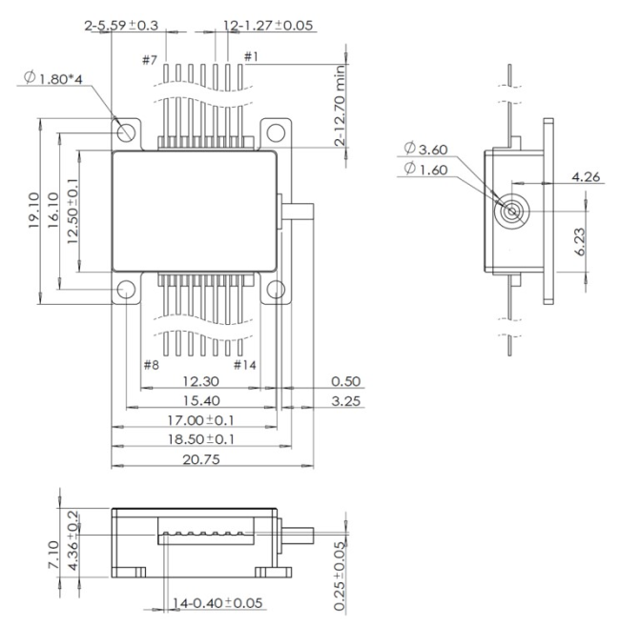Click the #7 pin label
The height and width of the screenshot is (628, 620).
(x=149, y=61)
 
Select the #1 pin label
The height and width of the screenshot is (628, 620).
(x=251, y=57)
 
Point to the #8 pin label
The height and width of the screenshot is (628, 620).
(x=150, y=365)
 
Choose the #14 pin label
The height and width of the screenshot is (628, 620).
(x=245, y=365)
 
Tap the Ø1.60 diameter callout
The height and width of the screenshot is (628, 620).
(x=424, y=169)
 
